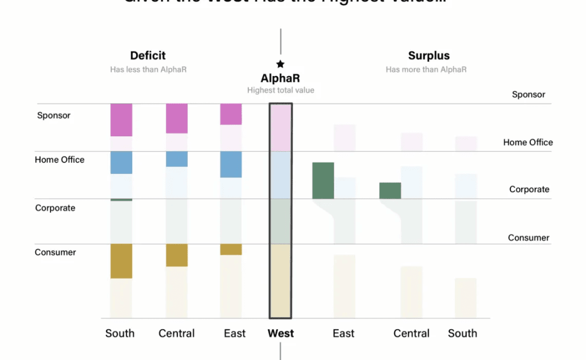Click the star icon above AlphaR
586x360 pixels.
280,64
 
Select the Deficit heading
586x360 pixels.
148,56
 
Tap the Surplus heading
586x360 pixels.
429,56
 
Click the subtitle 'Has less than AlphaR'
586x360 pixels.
148,70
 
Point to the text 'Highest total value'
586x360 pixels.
280,90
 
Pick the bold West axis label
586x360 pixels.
280,333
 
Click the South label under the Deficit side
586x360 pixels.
120,333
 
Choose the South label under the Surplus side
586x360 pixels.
462,333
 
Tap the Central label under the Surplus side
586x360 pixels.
411,333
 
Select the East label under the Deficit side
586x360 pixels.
235,333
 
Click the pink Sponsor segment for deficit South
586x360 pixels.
121,120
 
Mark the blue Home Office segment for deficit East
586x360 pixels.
231,164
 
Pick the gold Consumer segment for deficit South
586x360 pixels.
121,261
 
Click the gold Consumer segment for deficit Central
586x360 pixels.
177,255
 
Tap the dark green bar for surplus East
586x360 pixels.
323,180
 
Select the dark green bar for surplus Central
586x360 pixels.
390,191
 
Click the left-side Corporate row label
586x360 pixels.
55,208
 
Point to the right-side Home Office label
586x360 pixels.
528,143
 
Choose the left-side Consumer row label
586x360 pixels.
56,252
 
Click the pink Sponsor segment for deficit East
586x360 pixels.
231,114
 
